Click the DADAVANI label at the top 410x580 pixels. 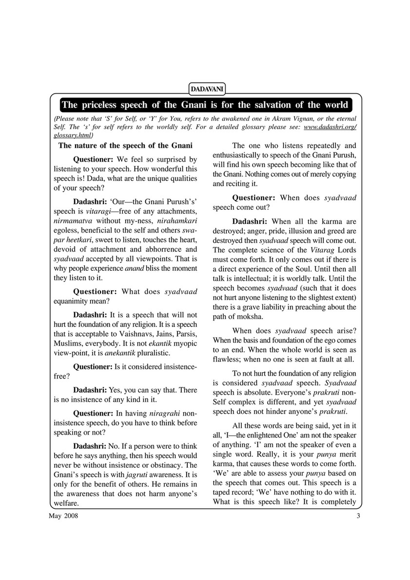pos(205,88)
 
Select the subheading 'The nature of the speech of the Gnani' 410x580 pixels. pos(125,145)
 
